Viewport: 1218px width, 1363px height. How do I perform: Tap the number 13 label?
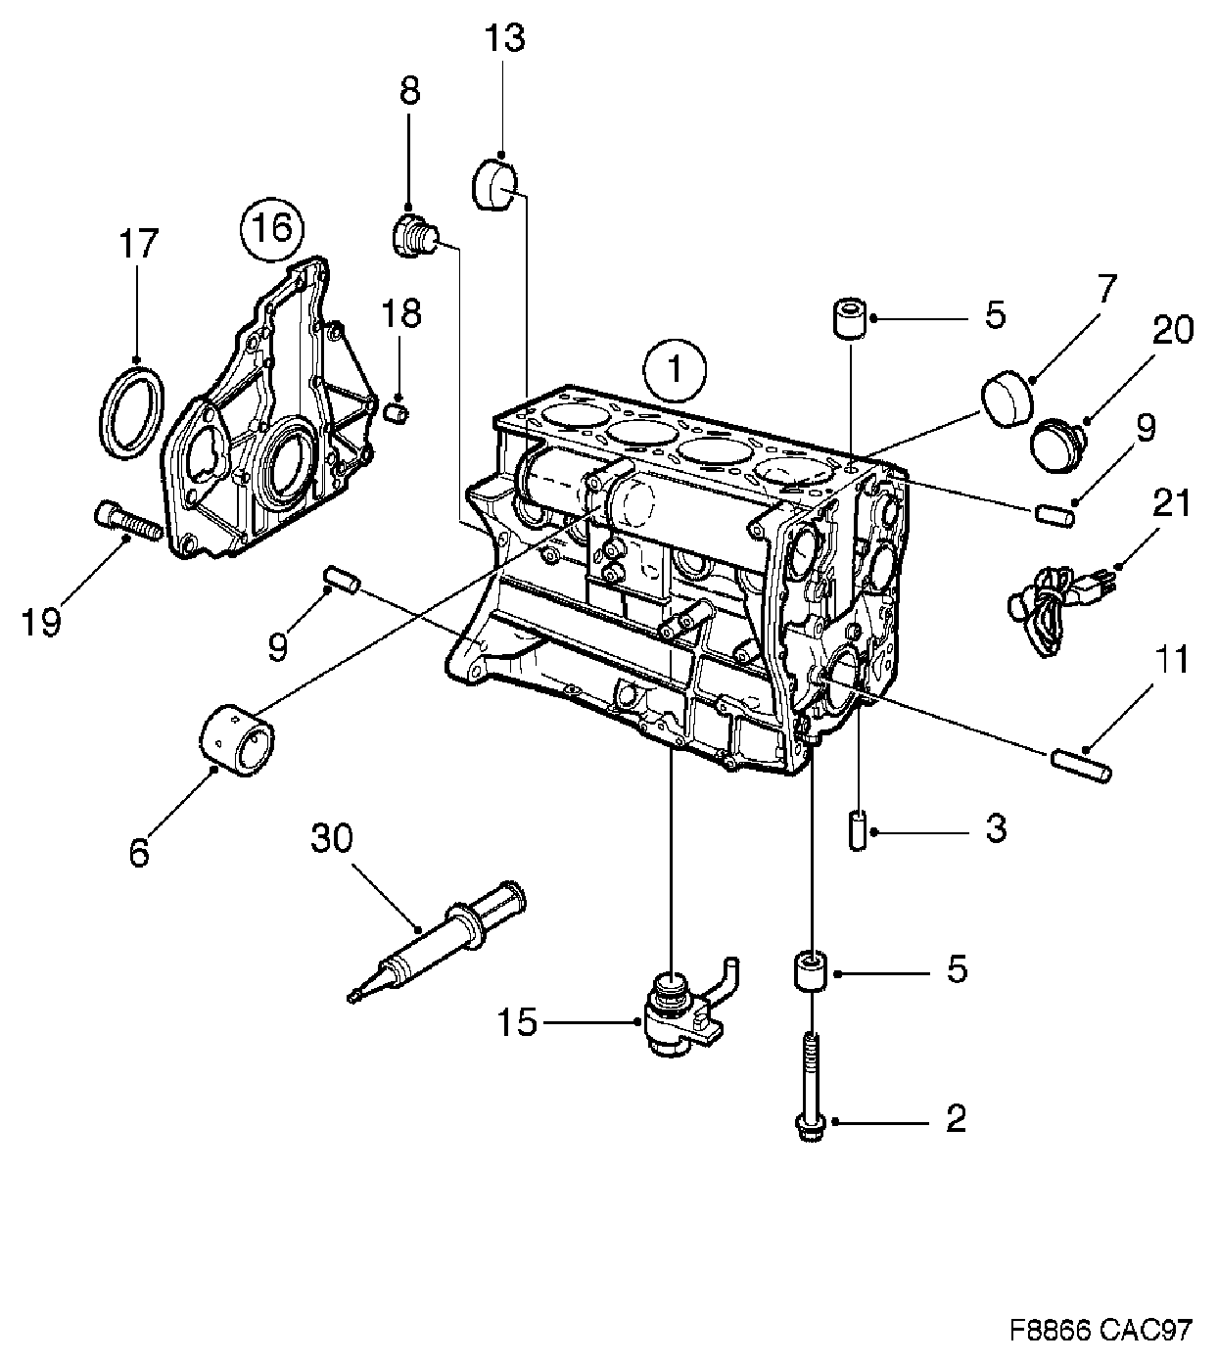pos(504,39)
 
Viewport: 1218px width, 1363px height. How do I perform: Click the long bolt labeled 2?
pos(811,1086)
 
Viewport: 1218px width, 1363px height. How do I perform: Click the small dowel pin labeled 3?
pos(859,830)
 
